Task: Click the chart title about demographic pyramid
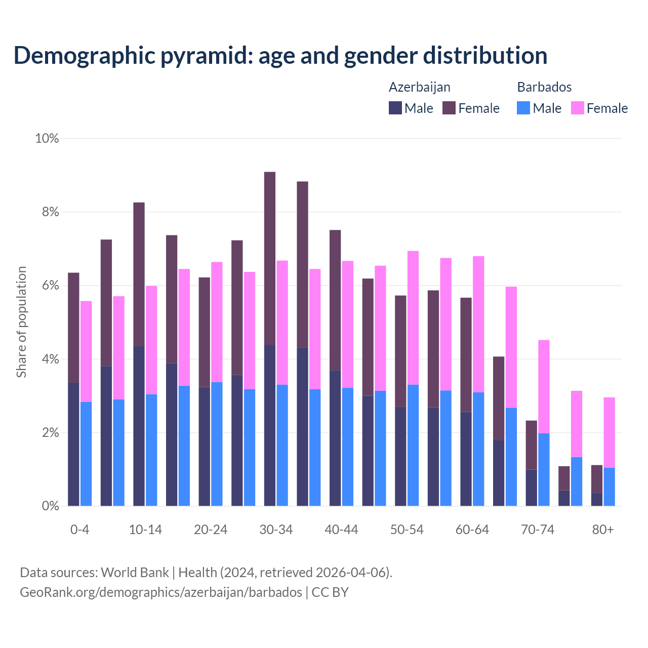pos(280,55)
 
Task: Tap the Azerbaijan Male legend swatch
pos(395,108)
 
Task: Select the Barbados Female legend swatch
pos(577,108)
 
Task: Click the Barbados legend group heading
pos(544,87)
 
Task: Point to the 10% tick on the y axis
pos(47,138)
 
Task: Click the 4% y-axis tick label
pos(50,359)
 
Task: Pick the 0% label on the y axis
pos(50,506)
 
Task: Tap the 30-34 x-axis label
pos(276,530)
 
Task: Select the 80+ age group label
pos(603,530)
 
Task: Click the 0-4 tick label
pos(80,530)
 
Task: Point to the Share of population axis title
pos(21,322)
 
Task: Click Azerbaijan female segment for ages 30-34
pos(270,258)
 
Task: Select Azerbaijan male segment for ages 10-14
pos(139,426)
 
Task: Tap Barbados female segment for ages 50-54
pos(413,318)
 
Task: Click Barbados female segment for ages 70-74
pos(544,386)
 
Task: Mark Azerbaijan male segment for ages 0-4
pos(73,444)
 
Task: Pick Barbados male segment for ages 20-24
pos(217,444)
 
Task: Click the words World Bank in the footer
pos(135,573)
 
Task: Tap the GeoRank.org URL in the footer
pos(161,592)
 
